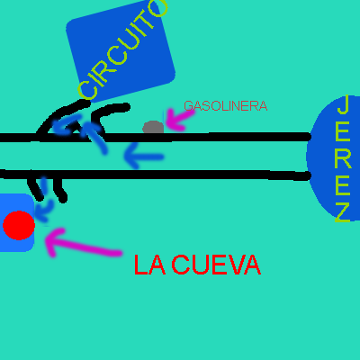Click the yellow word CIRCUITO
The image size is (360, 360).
pos(122,50)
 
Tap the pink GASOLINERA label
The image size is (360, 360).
pos(226,106)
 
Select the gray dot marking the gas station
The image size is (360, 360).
pos(153,128)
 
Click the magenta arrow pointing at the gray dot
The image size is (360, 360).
pos(179,120)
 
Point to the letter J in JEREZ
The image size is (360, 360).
pos(343,104)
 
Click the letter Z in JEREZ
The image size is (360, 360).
pos(343,212)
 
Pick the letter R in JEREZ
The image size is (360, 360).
pos(343,158)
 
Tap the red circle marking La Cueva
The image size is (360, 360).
pos(19,225)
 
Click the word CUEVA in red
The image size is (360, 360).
pos(216,265)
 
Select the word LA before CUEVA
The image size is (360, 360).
pos(149,265)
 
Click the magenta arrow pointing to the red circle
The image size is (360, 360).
pos(84,243)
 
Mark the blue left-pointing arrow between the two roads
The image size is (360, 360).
pos(144,156)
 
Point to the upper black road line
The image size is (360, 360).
pos(156,137)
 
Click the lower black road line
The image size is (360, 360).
pos(155,175)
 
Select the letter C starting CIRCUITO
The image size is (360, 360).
pos(87,89)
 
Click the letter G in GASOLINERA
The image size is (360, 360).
pos(189,106)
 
